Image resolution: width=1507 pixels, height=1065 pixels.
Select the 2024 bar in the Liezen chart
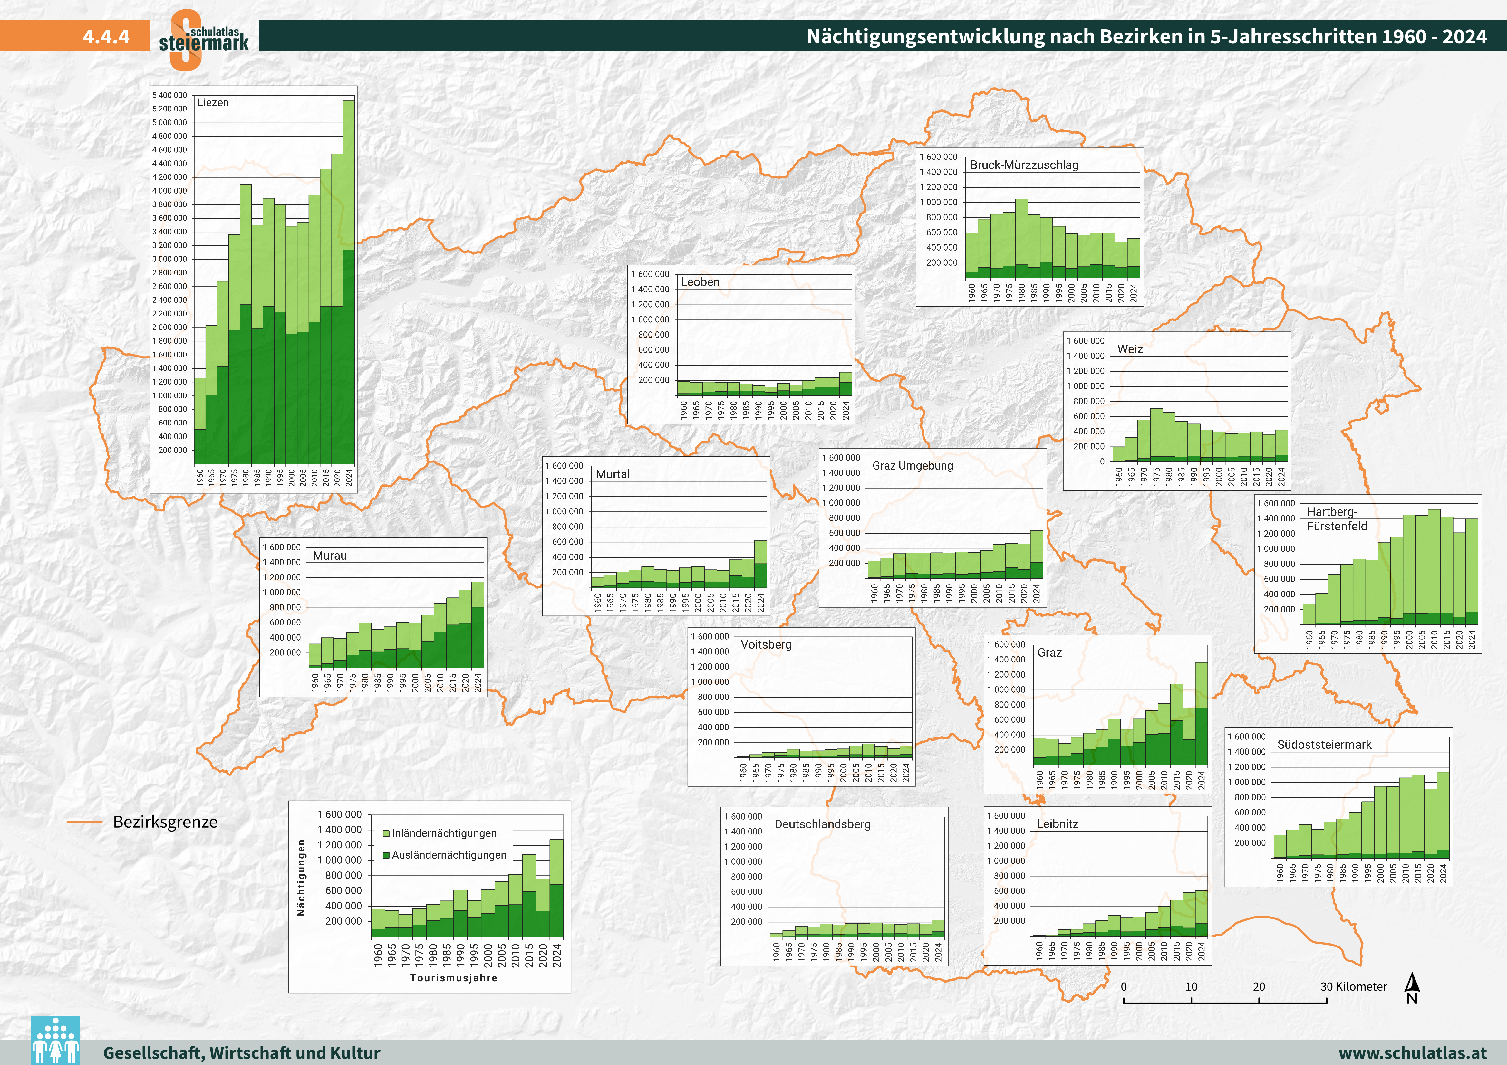point(349,282)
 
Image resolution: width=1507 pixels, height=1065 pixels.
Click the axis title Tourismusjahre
point(454,978)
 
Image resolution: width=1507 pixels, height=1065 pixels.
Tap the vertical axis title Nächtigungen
point(301,877)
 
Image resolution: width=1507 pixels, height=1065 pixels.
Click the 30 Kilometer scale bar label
point(1353,987)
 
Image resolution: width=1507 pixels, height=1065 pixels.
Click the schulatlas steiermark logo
point(203,39)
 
